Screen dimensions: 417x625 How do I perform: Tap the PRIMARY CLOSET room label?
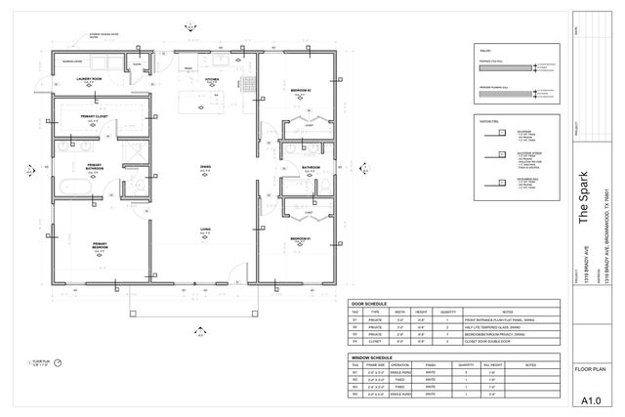[x=94, y=116]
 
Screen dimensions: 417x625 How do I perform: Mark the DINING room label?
[x=206, y=167]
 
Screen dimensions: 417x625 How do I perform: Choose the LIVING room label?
[x=206, y=229]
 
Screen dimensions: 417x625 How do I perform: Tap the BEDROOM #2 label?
[x=301, y=90]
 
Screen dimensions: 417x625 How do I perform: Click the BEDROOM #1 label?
[x=301, y=239]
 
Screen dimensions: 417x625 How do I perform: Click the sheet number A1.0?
[x=591, y=400]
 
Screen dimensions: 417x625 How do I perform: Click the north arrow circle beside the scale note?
[x=58, y=361]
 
